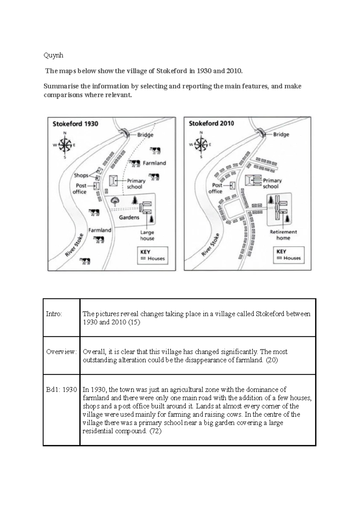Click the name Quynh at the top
click(x=53, y=56)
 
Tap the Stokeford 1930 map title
click(x=75, y=124)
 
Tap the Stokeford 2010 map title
click(x=211, y=123)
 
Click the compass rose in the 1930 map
click(x=64, y=145)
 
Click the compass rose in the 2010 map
click(x=201, y=144)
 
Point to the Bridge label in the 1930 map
click(x=145, y=135)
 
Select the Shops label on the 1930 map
click(x=81, y=175)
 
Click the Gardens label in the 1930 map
click(x=129, y=217)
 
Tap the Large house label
click(x=147, y=235)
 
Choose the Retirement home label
click(x=283, y=235)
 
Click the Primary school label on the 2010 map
click(x=272, y=183)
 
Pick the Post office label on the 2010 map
click(x=215, y=188)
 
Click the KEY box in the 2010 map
click(x=289, y=255)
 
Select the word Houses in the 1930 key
click(x=156, y=258)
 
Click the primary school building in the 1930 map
click(x=113, y=181)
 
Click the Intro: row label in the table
click(x=54, y=314)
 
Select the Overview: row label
click(x=61, y=352)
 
